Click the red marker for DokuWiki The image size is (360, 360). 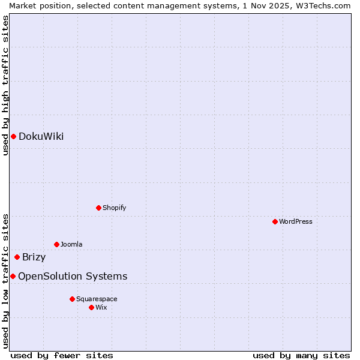pos(13,136)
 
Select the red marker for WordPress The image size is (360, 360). pos(275,221)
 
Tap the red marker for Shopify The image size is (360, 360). pos(98,208)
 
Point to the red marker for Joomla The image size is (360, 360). pos(56,244)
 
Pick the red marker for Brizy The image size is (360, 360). pos(17,257)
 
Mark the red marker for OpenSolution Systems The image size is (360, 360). pos(13,276)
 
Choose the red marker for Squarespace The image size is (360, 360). pos(72,299)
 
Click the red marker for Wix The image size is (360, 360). pos(91,307)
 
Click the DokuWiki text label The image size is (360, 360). pos(41,136)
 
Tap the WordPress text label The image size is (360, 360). pos(296,221)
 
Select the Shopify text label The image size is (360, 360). pos(114,208)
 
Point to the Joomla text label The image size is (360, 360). pos(71,244)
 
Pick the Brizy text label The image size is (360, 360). pos(34,257)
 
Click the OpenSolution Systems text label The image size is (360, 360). pos(73,276)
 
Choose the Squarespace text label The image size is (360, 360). pos(97,299)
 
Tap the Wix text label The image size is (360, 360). pos(101,307)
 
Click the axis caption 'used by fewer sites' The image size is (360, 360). pos(62,355)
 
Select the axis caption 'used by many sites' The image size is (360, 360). pos(301,355)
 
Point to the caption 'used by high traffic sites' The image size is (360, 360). pos(5,85)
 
